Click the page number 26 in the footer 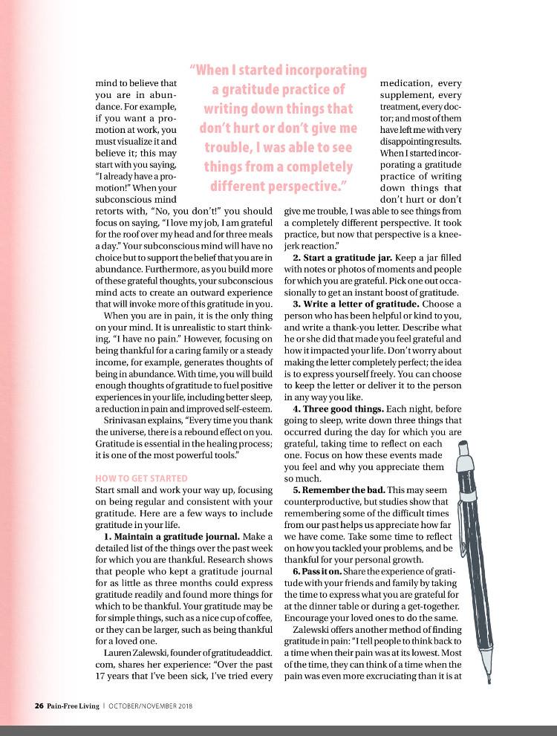19,706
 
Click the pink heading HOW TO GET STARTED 141,478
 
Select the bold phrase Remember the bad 348,491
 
